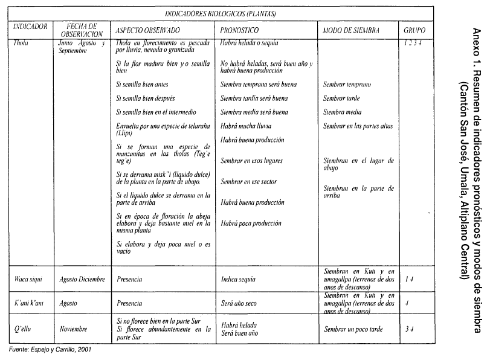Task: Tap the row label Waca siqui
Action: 28,279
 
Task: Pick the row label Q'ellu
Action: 24,329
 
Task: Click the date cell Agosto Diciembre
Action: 82,279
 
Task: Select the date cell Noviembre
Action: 74,329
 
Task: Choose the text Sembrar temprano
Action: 347,85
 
